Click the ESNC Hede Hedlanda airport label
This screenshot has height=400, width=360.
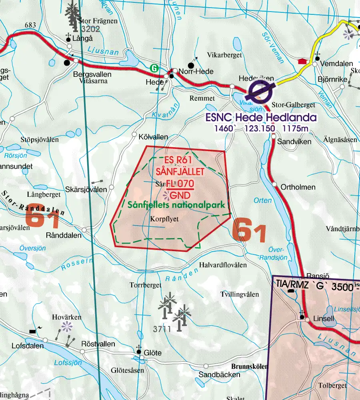pos(261,118)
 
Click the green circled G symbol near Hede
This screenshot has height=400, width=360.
pos(154,68)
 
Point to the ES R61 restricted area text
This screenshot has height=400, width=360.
pos(179,160)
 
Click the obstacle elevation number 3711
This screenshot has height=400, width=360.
pos(162,329)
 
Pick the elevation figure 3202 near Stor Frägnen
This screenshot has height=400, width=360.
pos(90,29)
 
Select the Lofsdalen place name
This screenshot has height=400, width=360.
pos(22,346)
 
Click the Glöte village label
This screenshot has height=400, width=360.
pos(153,352)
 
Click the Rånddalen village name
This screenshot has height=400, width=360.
pos(64,235)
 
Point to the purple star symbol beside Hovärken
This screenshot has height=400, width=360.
pos(67,327)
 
